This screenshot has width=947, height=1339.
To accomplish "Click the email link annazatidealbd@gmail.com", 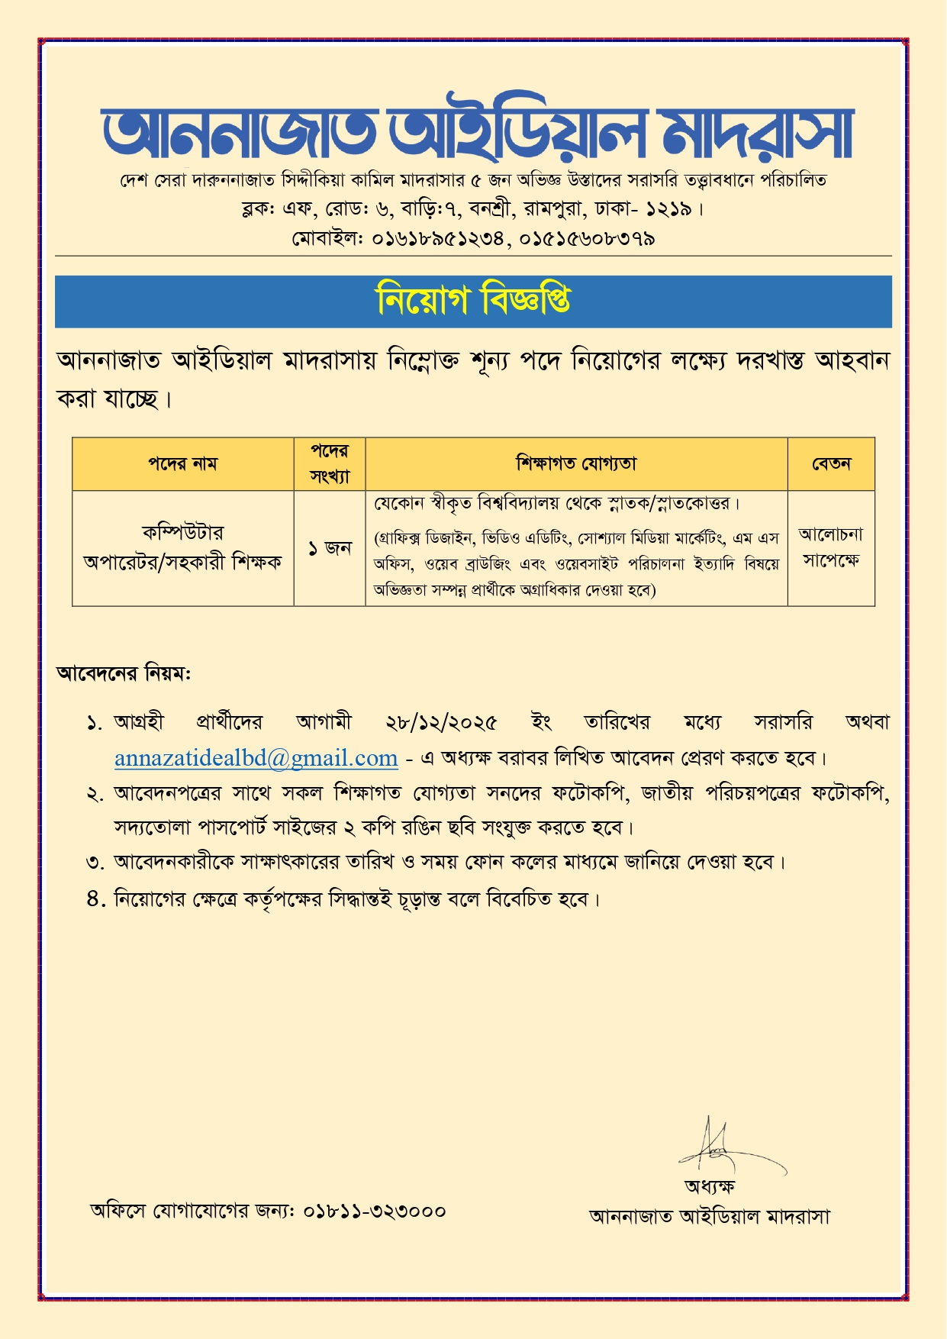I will click(x=256, y=757).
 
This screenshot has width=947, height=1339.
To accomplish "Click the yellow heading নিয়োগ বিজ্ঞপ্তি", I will click(x=473, y=300).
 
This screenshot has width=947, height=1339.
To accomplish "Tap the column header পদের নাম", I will click(x=182, y=463).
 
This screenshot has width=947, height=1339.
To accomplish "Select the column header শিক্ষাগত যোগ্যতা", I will click(x=576, y=463).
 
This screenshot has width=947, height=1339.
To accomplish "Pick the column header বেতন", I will click(x=831, y=463).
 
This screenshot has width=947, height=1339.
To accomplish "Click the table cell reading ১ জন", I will click(x=330, y=548).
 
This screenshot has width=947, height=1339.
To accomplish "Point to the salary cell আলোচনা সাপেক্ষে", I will click(x=831, y=547).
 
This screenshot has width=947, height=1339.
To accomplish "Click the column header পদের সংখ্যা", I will click(x=330, y=463).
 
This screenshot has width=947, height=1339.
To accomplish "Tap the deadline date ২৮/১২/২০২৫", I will click(x=441, y=722).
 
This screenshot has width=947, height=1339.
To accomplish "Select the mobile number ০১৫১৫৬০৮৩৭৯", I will click(x=588, y=239).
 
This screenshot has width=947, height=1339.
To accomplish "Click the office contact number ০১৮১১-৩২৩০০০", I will click(x=375, y=1211).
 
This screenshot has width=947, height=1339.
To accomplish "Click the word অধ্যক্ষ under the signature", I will click(x=709, y=1186).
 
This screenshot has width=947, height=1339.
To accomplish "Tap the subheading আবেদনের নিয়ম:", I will click(x=124, y=673).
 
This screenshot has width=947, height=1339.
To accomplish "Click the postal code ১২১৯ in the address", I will click(x=668, y=208).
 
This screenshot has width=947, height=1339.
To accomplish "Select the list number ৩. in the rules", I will click(x=95, y=863).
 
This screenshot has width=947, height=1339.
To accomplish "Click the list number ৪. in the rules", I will click(x=95, y=899).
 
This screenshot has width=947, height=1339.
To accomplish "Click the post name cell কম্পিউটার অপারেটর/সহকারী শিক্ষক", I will click(x=182, y=547).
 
